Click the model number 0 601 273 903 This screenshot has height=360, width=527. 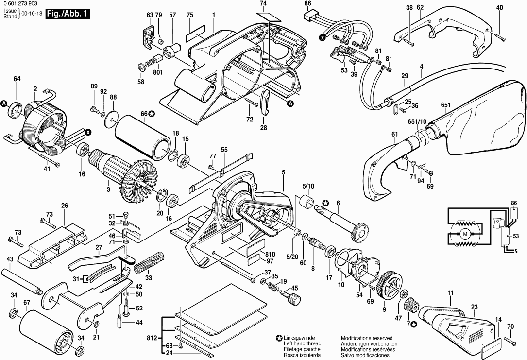pyautogui.click(x=23, y=4)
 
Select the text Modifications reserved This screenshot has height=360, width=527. pyautogui.click(x=366, y=338)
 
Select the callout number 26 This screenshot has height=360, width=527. pyautogui.click(x=65, y=206)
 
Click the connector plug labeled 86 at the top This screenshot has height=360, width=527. pyautogui.click(x=309, y=17)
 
